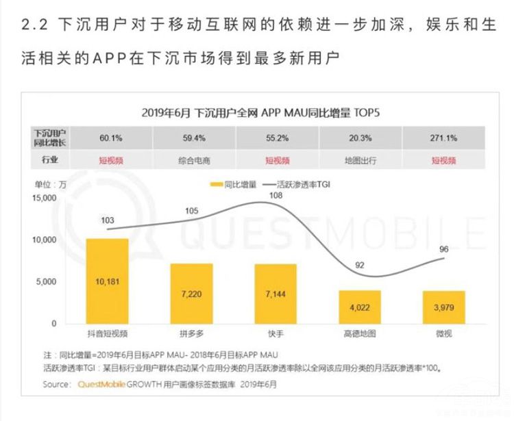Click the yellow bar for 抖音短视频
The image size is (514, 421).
click(107, 281)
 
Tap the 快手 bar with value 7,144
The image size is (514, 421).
click(276, 294)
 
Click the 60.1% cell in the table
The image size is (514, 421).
click(110, 138)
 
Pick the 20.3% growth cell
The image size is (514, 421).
click(360, 138)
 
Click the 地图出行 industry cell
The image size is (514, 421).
click(360, 160)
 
